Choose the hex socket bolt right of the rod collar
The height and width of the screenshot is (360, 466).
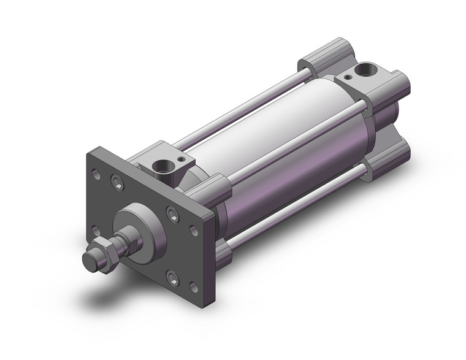[172, 213]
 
